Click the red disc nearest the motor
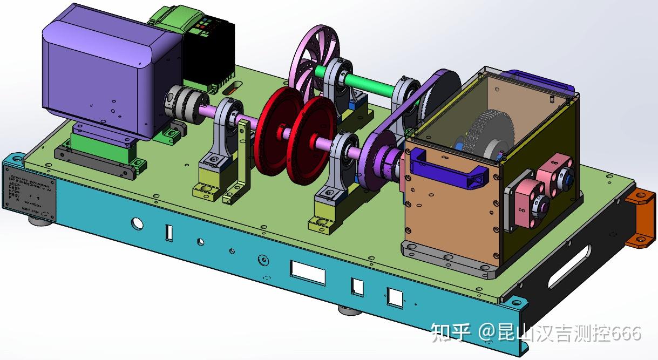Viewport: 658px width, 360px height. (x=276, y=130)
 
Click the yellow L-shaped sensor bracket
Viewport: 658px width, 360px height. (x=240, y=162)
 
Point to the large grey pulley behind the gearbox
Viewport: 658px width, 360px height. (x=440, y=97)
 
